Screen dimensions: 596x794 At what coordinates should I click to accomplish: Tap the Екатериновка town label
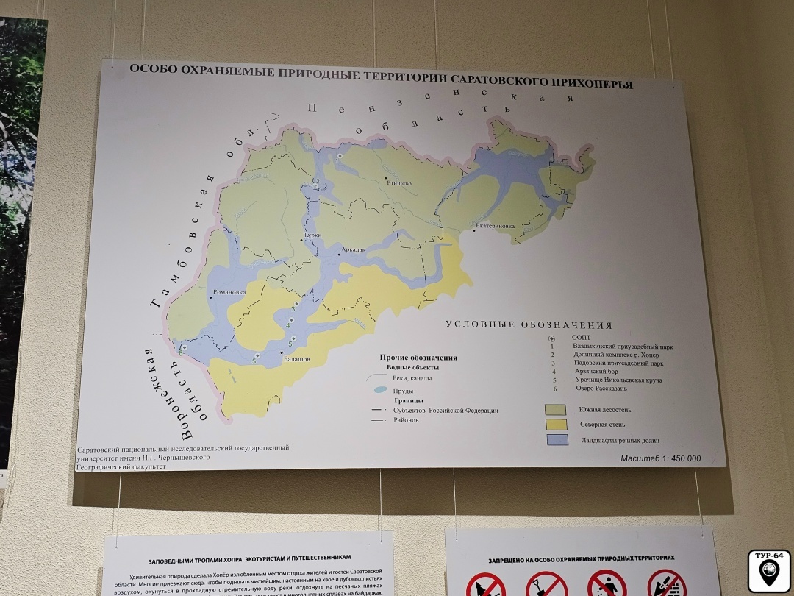pyautogui.click(x=496, y=226)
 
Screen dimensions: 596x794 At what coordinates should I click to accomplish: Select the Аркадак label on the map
pyautogui.click(x=352, y=249)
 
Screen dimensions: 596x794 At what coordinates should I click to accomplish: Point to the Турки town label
pyautogui.click(x=312, y=235)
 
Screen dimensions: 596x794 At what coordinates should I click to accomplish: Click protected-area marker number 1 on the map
pyautogui.click(x=340, y=157)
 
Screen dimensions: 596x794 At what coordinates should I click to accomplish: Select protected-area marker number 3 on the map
pyautogui.click(x=296, y=303)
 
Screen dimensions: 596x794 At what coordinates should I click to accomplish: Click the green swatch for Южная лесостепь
pyautogui.click(x=555, y=409)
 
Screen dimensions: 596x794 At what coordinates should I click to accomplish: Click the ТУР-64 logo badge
pyautogui.click(x=769, y=570)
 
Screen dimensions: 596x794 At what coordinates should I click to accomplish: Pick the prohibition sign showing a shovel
pyautogui.click(x=546, y=585)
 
